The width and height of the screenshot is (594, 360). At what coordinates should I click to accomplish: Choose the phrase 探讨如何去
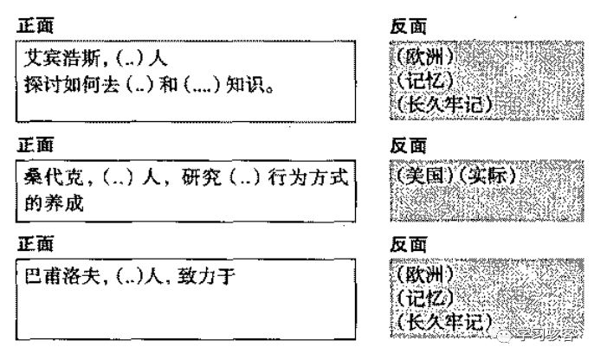pyautogui.click(x=74, y=85)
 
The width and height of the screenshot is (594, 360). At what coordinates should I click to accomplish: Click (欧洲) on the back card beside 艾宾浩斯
pyautogui.click(x=422, y=59)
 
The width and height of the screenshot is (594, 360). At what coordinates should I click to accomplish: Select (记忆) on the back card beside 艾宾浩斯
pyautogui.click(x=422, y=81)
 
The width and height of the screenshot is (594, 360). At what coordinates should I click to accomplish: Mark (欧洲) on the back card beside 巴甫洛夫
pyautogui.click(x=422, y=278)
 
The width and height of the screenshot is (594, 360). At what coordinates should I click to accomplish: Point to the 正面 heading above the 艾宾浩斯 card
pyautogui.click(x=36, y=26)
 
